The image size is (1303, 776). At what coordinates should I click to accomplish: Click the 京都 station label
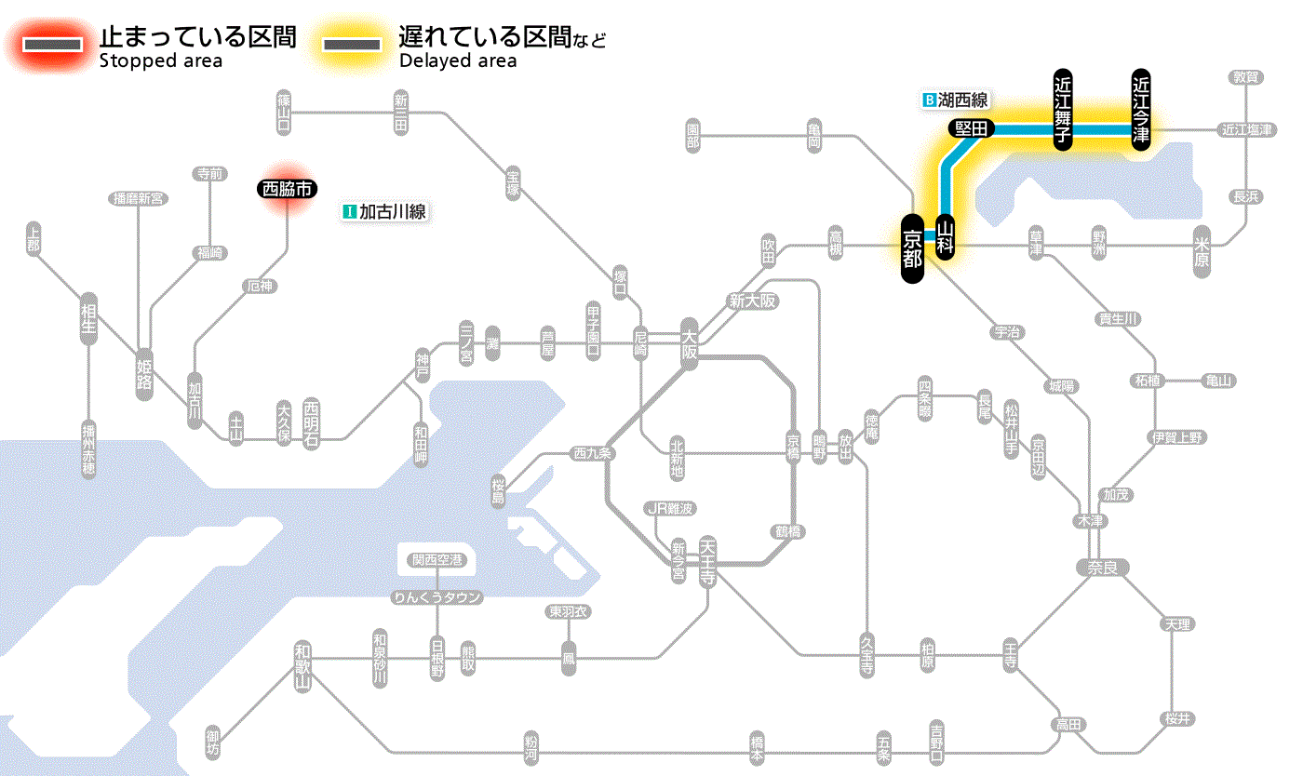click(x=912, y=249)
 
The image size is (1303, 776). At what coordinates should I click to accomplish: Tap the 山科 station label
click(x=946, y=237)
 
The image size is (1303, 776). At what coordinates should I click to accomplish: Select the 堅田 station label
click(x=972, y=128)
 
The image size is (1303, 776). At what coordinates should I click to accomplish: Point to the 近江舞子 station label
click(x=1063, y=110)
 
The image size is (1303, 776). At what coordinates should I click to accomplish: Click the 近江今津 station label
click(x=1141, y=110)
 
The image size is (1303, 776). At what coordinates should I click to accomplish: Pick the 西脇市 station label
click(x=288, y=189)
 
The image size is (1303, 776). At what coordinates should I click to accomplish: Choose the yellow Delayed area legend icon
click(x=351, y=45)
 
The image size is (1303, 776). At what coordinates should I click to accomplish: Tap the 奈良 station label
click(x=1102, y=567)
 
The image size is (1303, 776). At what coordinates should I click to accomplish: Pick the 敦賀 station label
click(x=1246, y=77)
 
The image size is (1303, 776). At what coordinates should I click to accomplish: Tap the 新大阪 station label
click(x=752, y=301)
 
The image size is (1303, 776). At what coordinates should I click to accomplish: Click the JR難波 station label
click(x=671, y=508)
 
